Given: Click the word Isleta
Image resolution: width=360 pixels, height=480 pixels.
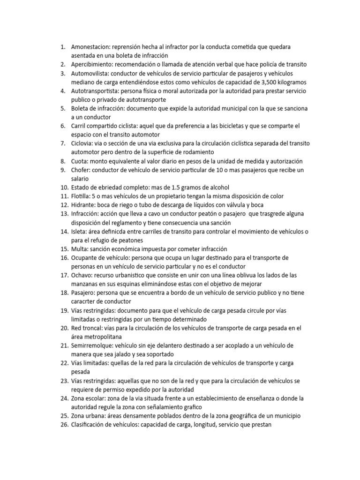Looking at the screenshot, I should tap(80, 231).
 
